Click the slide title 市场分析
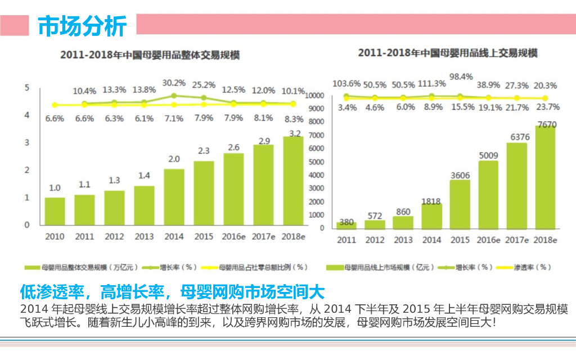coord(82,25)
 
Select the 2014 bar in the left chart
coord(174,197)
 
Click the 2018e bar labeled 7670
coord(544,177)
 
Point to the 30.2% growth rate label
coord(174,83)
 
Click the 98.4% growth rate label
coord(461,76)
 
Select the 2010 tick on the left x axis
coord(55,237)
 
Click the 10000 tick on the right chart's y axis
coord(314,96)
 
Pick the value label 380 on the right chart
coord(346,222)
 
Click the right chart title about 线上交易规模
coord(448,53)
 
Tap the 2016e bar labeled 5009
coord(488,195)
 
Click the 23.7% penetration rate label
coord(545,107)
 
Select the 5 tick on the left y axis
coord(26,88)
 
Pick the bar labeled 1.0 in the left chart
coord(55,211)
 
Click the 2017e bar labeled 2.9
coord(263,185)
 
